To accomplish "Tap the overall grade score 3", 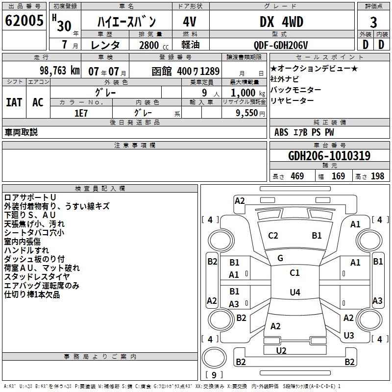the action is tap(373, 22).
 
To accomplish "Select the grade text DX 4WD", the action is tap(281, 22).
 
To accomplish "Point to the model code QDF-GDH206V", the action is tap(281, 45).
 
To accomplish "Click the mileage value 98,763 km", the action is tap(59, 70).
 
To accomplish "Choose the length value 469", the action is tap(296, 176).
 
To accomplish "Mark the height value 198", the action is tap(377, 176).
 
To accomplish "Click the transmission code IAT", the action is tap(14, 102).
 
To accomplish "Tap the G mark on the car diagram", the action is tap(280, 258).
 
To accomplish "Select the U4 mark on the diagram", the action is tap(294, 292).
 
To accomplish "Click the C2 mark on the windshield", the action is tap(273, 235).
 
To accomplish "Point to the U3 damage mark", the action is tap(348, 335).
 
